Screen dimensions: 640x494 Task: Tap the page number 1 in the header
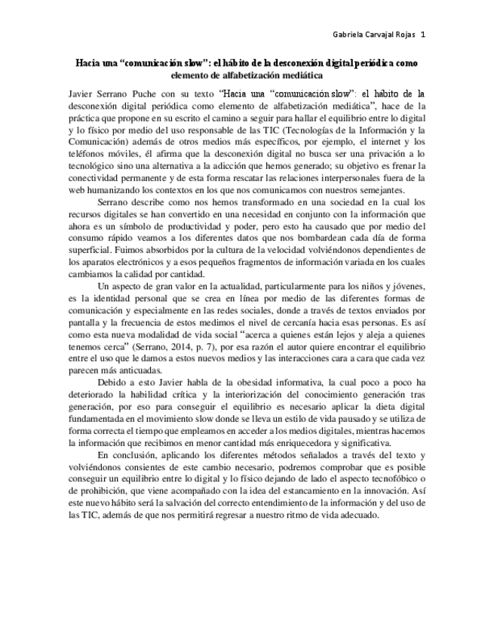(x=422, y=35)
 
